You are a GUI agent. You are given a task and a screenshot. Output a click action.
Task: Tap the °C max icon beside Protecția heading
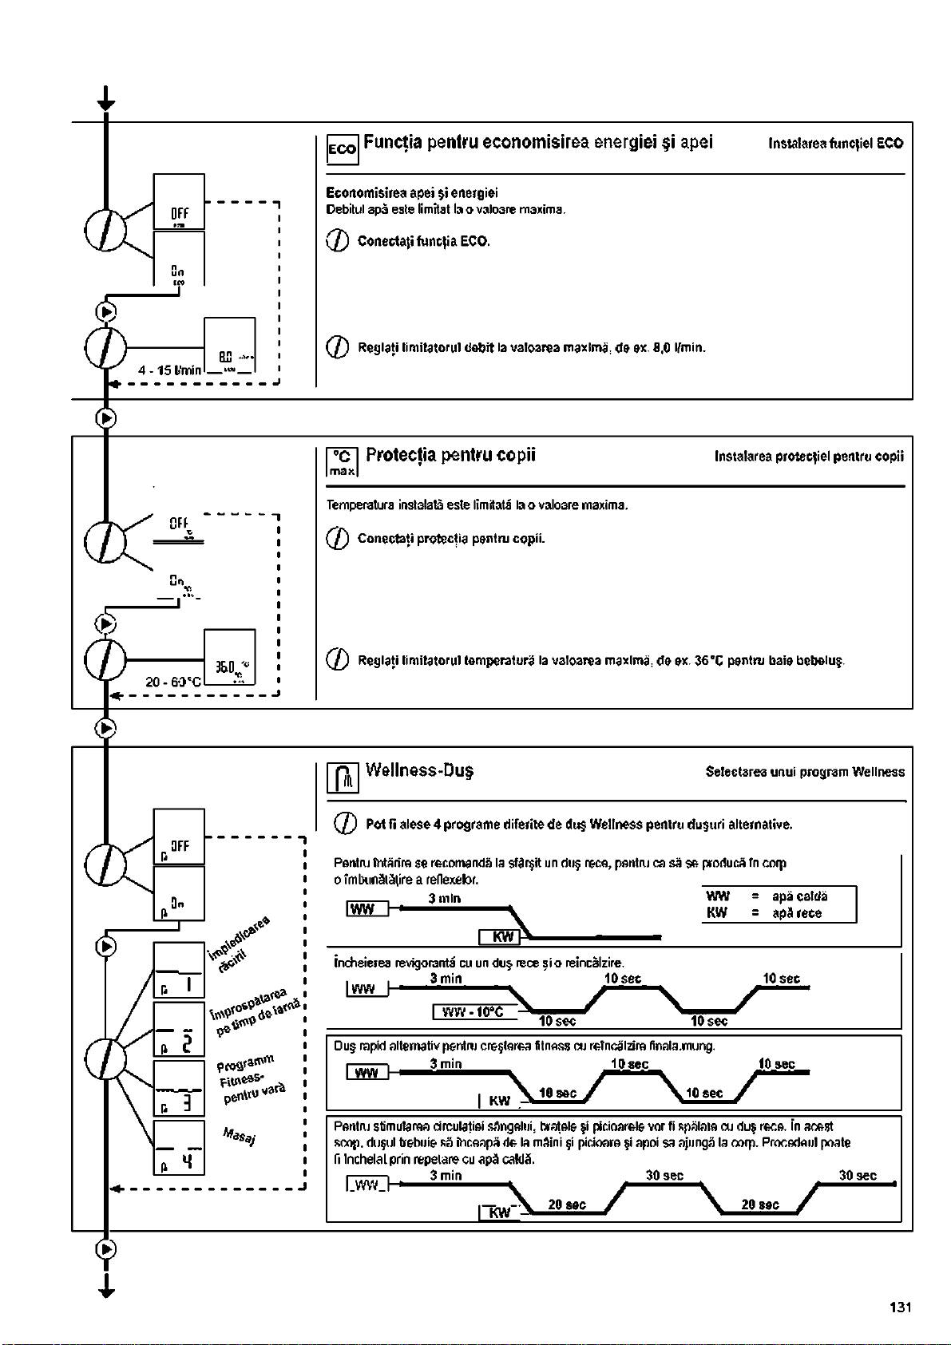[343, 461]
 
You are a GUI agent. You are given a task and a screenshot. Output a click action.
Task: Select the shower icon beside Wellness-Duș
[343, 777]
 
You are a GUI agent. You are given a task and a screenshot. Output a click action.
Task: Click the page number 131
[900, 1307]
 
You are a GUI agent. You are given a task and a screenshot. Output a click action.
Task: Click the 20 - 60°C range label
[174, 682]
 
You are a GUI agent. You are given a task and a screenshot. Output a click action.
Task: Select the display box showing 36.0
[229, 658]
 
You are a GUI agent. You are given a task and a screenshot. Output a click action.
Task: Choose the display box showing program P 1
[179, 970]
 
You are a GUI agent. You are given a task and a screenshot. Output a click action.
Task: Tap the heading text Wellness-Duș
[419, 771]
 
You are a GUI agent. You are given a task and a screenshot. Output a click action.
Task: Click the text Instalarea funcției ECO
[835, 144]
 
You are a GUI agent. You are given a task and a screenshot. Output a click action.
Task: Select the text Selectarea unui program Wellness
[805, 772]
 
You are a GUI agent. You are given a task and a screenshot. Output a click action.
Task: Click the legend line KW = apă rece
[764, 913]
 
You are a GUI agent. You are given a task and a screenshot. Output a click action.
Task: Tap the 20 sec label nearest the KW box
[567, 1205]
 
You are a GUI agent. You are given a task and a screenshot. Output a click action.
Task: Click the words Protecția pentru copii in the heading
[450, 456]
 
